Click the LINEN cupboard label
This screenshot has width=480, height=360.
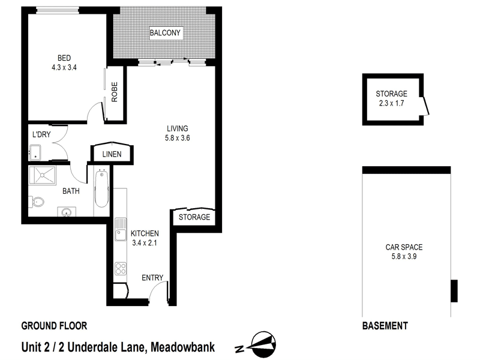(x=112, y=154)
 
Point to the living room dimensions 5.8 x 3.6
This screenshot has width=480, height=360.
(x=178, y=137)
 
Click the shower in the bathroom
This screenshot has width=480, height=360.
(x=47, y=176)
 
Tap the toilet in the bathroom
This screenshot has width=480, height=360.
(x=37, y=202)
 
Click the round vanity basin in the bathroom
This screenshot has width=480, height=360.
(x=65, y=212)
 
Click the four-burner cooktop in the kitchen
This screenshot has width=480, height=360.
(x=120, y=268)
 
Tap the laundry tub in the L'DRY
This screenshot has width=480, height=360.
(x=35, y=152)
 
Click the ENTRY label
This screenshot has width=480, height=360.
(x=152, y=277)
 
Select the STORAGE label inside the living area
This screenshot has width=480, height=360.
(x=194, y=217)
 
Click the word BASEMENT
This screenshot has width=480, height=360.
(x=385, y=326)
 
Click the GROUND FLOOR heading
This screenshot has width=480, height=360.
(x=55, y=326)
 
